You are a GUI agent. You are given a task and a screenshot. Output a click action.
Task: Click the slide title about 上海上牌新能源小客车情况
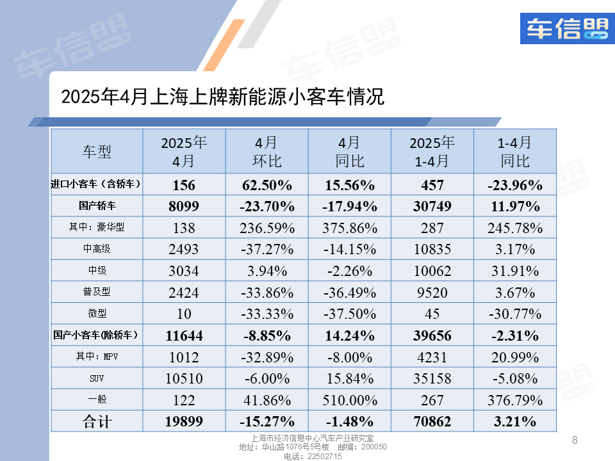point(222,97)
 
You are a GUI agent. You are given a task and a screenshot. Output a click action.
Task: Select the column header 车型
point(97,152)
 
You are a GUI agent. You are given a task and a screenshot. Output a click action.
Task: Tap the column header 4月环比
point(266,152)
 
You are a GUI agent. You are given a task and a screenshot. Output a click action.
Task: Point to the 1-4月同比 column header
point(514,152)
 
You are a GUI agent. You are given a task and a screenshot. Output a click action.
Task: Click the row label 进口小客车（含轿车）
point(96,185)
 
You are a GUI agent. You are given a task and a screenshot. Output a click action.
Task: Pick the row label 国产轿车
point(96,207)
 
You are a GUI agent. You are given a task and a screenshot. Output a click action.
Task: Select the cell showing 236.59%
point(266,228)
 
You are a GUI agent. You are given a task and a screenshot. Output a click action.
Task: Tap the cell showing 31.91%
point(514,271)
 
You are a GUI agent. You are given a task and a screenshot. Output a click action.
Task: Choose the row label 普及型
point(96,292)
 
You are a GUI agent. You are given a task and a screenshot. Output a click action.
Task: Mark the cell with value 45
point(432,314)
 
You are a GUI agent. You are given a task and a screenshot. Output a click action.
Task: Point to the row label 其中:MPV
point(96,357)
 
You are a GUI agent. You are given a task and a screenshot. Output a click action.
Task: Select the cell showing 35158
point(432,378)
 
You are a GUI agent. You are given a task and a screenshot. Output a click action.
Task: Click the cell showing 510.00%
point(349,400)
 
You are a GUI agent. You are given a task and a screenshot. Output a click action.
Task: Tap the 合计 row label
point(96,421)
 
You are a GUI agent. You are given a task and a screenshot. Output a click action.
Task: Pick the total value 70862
point(432,421)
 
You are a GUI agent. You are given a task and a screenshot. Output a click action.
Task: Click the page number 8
point(575,440)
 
